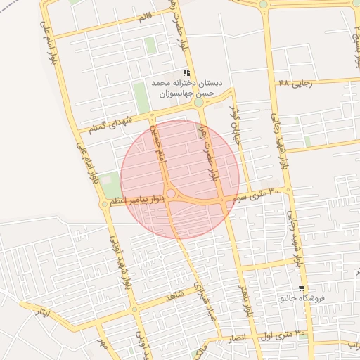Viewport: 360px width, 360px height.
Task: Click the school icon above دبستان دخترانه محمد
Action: [186, 72]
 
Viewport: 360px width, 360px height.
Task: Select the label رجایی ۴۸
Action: [294, 82]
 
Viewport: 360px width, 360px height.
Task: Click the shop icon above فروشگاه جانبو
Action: [302, 288]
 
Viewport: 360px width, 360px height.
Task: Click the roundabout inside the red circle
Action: [171, 193]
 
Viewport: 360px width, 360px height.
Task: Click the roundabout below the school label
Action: [198, 103]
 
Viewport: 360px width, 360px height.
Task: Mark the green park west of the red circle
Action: [110, 184]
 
